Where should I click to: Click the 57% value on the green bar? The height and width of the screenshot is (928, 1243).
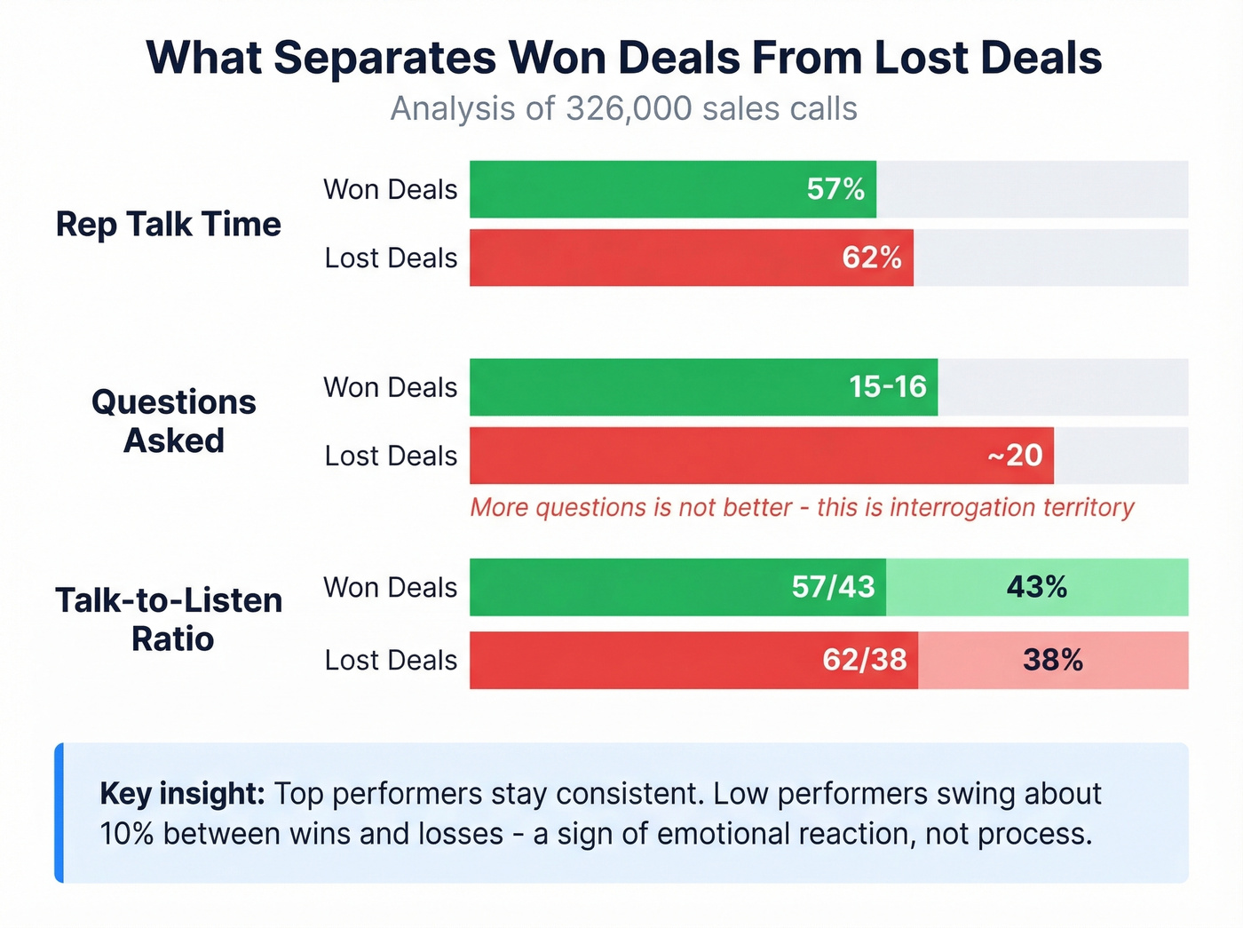pos(835,189)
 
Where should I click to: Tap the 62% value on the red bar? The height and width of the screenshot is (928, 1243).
pos(872,258)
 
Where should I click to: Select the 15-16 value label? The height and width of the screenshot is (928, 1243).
pos(887,387)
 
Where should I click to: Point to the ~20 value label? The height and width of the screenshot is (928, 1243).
pos(1015,456)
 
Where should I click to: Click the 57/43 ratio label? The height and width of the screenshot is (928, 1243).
pos(833,587)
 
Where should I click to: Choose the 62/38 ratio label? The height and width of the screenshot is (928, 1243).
pos(864,660)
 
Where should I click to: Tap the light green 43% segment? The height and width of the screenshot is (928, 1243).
pos(1037,587)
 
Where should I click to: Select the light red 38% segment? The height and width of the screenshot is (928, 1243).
pos(1053,660)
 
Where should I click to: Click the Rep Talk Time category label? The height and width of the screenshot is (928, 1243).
pos(168,224)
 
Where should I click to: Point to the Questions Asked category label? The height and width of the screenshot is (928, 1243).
pos(173,421)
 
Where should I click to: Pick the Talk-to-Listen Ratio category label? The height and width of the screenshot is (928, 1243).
pos(169,619)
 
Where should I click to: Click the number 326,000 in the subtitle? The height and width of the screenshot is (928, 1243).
pos(629,108)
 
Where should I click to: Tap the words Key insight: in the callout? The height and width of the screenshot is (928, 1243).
pos(182,793)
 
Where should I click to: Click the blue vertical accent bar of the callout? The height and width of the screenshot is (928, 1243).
pos(59,813)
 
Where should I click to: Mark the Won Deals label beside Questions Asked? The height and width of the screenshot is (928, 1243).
pos(391,387)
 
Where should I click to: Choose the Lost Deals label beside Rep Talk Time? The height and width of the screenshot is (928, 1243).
pos(391,258)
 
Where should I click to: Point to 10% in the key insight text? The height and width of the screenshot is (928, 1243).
pos(127,834)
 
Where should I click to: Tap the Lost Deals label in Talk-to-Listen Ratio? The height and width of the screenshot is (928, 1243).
pos(391,660)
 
